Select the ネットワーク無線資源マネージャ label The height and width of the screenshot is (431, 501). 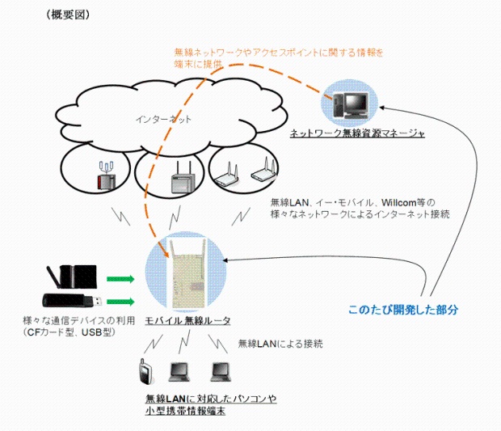point(357,132)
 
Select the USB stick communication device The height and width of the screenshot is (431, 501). point(73,302)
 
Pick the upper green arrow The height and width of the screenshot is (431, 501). point(120,279)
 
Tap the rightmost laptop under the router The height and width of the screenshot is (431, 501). point(219,372)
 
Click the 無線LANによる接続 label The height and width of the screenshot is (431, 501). point(280,344)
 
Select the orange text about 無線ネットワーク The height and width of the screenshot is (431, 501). point(278,53)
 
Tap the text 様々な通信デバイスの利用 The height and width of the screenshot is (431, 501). point(71,321)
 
